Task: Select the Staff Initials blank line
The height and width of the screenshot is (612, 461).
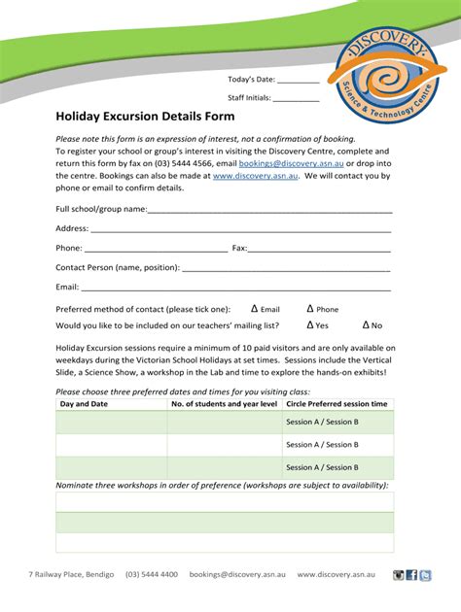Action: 296,99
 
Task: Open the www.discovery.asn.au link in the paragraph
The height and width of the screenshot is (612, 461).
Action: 248,177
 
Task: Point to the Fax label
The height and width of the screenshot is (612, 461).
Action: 239,249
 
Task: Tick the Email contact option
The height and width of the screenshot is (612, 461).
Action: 254,309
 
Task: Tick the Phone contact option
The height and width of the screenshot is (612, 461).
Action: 310,309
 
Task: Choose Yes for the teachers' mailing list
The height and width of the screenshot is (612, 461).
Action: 310,326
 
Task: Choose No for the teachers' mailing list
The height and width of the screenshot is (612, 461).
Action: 366,326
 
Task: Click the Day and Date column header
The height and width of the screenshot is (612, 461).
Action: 85,404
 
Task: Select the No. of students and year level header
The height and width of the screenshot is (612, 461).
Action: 224,404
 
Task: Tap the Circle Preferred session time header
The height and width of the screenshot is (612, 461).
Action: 337,404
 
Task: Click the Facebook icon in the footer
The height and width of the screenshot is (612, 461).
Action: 412,575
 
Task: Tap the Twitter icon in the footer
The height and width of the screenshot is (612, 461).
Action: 426,575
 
